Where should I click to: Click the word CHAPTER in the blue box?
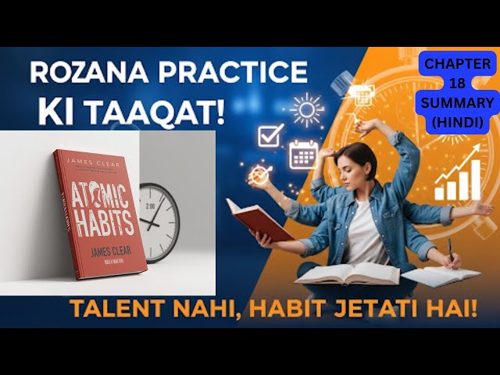pos(459,65)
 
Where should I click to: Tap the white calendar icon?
pos(303,153)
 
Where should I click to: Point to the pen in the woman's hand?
pos(450,252)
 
